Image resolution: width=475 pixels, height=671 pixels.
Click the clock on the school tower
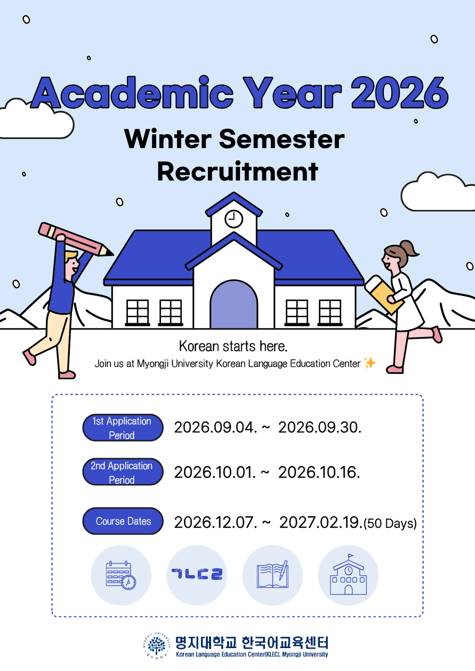(x=234, y=219)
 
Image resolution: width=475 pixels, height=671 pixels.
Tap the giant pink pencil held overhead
(x=76, y=239)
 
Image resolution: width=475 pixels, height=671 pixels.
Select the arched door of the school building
(x=234, y=305)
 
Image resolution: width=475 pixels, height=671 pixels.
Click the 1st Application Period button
(x=123, y=428)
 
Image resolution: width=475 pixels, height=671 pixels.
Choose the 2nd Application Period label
(x=123, y=472)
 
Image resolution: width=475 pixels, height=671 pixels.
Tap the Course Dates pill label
(x=123, y=521)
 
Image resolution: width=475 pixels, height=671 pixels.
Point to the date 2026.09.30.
(x=320, y=428)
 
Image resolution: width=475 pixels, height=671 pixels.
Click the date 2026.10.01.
(x=215, y=472)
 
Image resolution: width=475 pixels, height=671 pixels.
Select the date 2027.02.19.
(x=321, y=522)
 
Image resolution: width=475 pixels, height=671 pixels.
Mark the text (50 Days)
(x=390, y=523)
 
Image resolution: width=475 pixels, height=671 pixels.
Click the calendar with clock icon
(x=121, y=576)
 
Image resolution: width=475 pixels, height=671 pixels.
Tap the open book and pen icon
(x=272, y=575)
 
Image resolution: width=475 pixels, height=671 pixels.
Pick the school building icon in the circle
(x=348, y=574)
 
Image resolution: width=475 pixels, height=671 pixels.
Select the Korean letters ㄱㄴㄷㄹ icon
(x=197, y=574)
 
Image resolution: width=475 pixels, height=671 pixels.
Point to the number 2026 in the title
(x=400, y=93)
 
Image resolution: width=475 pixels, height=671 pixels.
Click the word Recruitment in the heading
(x=238, y=171)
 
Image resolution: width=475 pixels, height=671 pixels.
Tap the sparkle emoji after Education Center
(x=369, y=363)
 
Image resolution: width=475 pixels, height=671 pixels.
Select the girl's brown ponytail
(x=409, y=249)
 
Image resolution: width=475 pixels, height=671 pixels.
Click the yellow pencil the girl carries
(x=383, y=294)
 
